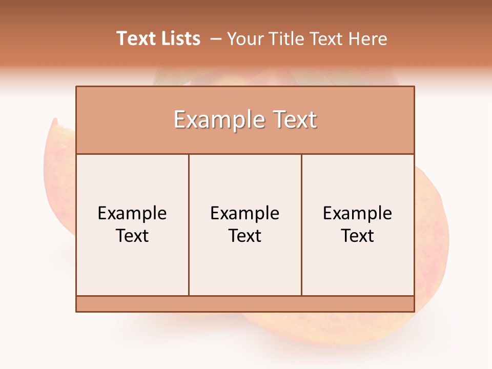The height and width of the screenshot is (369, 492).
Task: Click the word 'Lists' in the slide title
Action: [179, 38]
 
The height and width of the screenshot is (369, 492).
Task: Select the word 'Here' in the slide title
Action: [367, 39]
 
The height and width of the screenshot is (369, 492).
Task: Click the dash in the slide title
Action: [216, 39]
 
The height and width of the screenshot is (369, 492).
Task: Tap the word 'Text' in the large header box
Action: [293, 120]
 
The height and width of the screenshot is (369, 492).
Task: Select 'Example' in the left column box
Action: [132, 213]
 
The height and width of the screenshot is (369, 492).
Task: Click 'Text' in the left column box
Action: [132, 236]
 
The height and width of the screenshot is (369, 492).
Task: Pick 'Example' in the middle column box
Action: [245, 213]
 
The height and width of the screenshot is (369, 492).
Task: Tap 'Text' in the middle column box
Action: [245, 236]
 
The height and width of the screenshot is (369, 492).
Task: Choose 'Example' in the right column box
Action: [358, 213]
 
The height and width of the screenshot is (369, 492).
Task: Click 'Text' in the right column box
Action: [358, 236]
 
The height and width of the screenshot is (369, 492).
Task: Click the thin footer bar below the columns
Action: [245, 304]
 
